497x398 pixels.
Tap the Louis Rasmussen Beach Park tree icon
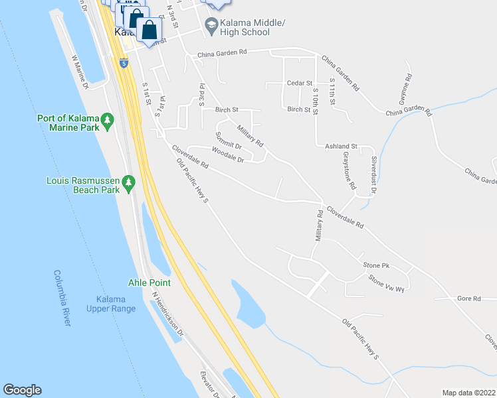tap(130, 184)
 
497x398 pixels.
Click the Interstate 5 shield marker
tap(124, 63)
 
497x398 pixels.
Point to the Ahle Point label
tap(149, 283)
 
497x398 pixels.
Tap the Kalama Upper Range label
tap(111, 304)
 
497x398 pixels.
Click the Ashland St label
tap(341, 146)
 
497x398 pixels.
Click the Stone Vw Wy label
tap(385, 284)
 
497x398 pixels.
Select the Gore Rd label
tap(468, 298)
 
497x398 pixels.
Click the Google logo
tap(22, 390)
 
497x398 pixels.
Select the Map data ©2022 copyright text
tap(468, 393)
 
